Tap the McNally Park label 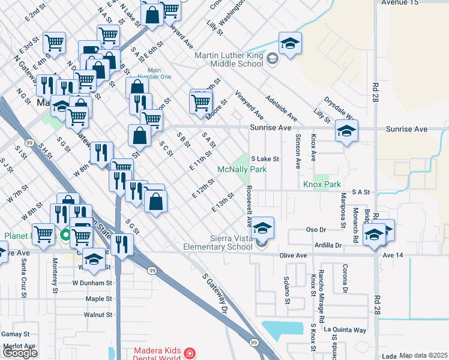pos(241,170)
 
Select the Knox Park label pos(322,185)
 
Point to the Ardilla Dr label pos(326,245)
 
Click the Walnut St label pos(98,314)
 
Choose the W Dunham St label pos(92,282)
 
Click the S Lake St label pos(265,159)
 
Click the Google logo pos(20,353)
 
